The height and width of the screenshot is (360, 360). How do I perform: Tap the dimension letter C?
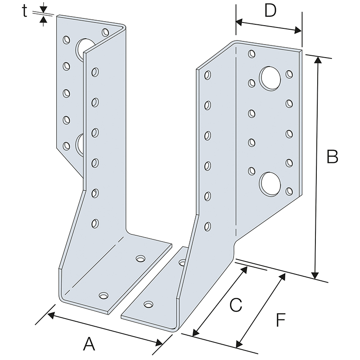click(x=236, y=306)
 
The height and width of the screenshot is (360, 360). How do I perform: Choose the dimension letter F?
click(x=280, y=320)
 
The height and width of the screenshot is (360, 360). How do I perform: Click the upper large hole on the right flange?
click(x=270, y=77)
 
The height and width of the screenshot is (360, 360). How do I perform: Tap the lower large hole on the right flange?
click(x=270, y=183)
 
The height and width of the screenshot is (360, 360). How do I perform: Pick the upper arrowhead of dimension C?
click(x=245, y=269)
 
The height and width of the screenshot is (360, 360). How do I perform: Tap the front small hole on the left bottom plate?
click(x=104, y=296)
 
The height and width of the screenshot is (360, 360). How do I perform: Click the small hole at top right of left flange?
click(x=106, y=32)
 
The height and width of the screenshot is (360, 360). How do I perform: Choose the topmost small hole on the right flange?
click(x=251, y=54)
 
